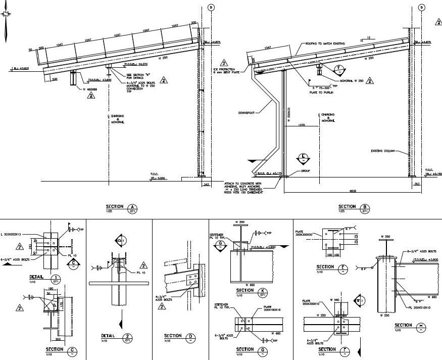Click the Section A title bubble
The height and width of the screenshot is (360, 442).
pyautogui.click(x=133, y=208)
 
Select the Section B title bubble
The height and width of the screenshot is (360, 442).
pyautogui.click(x=365, y=208)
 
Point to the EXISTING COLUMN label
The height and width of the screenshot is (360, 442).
pyautogui.click(x=382, y=150)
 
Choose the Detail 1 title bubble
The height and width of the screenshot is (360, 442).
pyautogui.click(x=57, y=279)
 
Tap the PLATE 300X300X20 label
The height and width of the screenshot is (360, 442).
pyautogui.click(x=305, y=234)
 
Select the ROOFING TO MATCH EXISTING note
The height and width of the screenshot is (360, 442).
pyautogui.click(x=325, y=44)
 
